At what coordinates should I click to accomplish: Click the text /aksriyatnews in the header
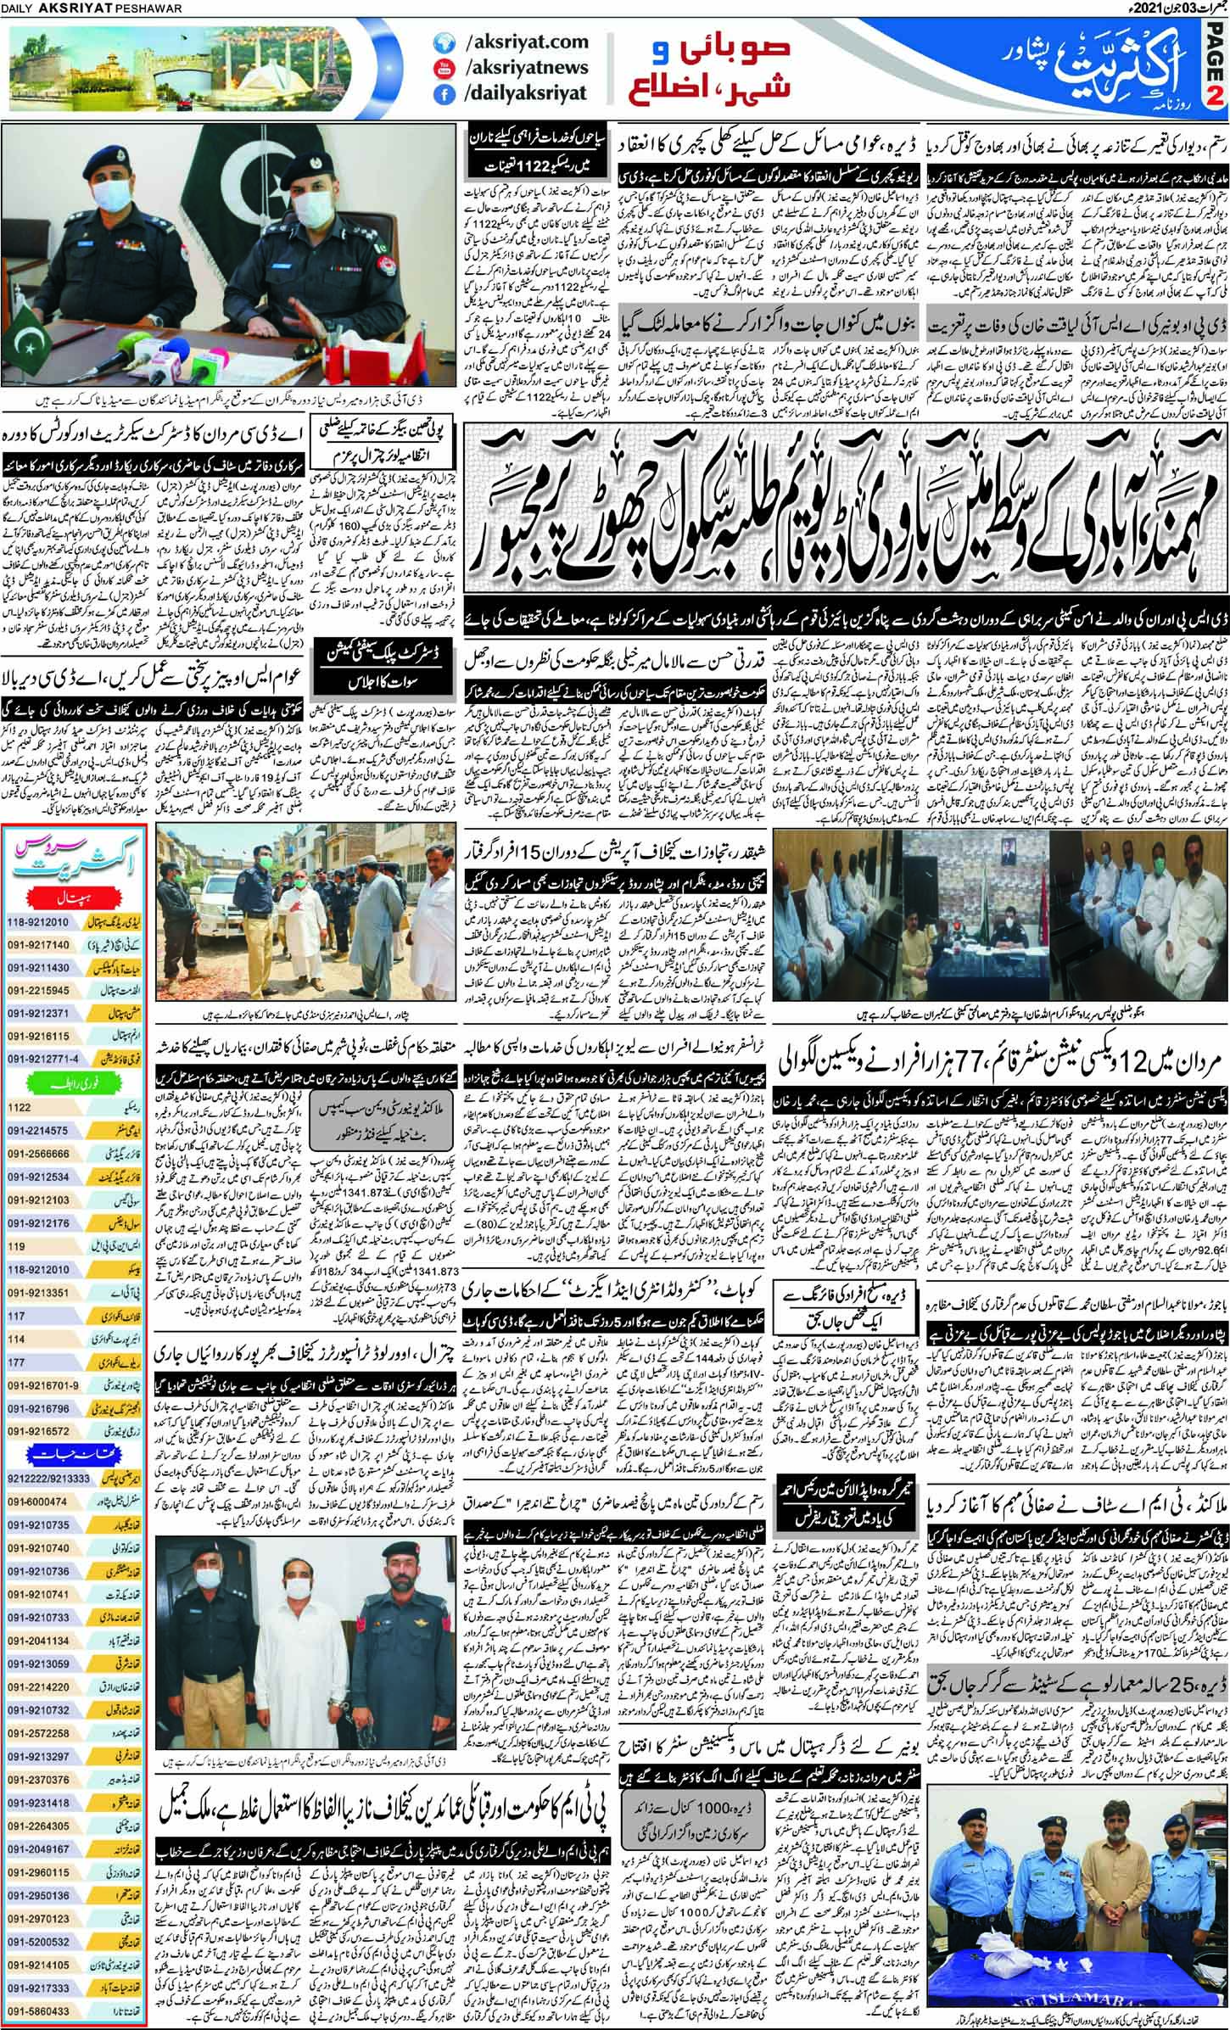pyautogui.click(x=521, y=67)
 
